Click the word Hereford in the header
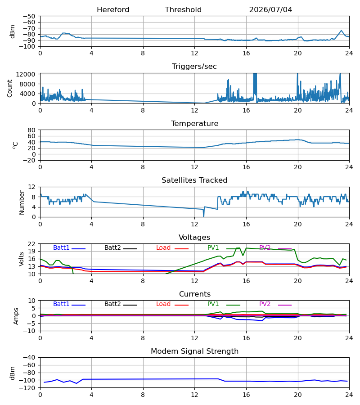[x=113, y=10]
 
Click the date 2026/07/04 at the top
[x=270, y=10]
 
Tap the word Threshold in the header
[x=183, y=10]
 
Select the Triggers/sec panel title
[x=194, y=67]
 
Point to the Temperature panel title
[x=194, y=123]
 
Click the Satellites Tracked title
[x=194, y=180]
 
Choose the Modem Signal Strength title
[x=194, y=351]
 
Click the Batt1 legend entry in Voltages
[x=69, y=248]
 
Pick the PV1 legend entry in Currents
[x=224, y=304]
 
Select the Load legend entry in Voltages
[x=172, y=248]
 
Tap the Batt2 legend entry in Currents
[x=121, y=304]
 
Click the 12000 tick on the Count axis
[x=26, y=74]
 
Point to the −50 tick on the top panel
[x=29, y=16]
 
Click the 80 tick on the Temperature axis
[x=31, y=130]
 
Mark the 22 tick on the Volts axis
[x=31, y=244]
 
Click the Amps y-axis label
[x=16, y=316]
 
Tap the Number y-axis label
[x=22, y=202]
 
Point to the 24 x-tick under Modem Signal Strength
[x=349, y=395]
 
